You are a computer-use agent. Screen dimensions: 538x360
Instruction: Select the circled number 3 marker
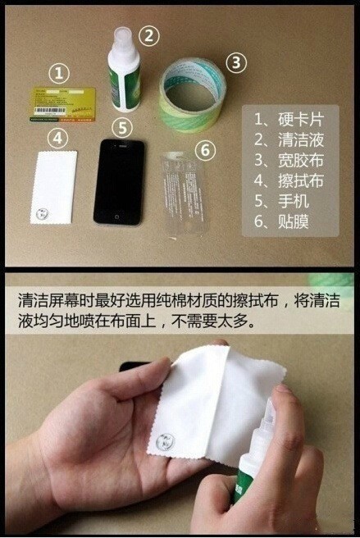click(x=235, y=62)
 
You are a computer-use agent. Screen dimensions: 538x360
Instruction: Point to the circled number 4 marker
click(x=57, y=137)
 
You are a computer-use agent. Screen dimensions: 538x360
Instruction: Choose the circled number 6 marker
click(x=207, y=150)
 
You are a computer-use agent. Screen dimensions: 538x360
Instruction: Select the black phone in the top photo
click(x=119, y=181)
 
